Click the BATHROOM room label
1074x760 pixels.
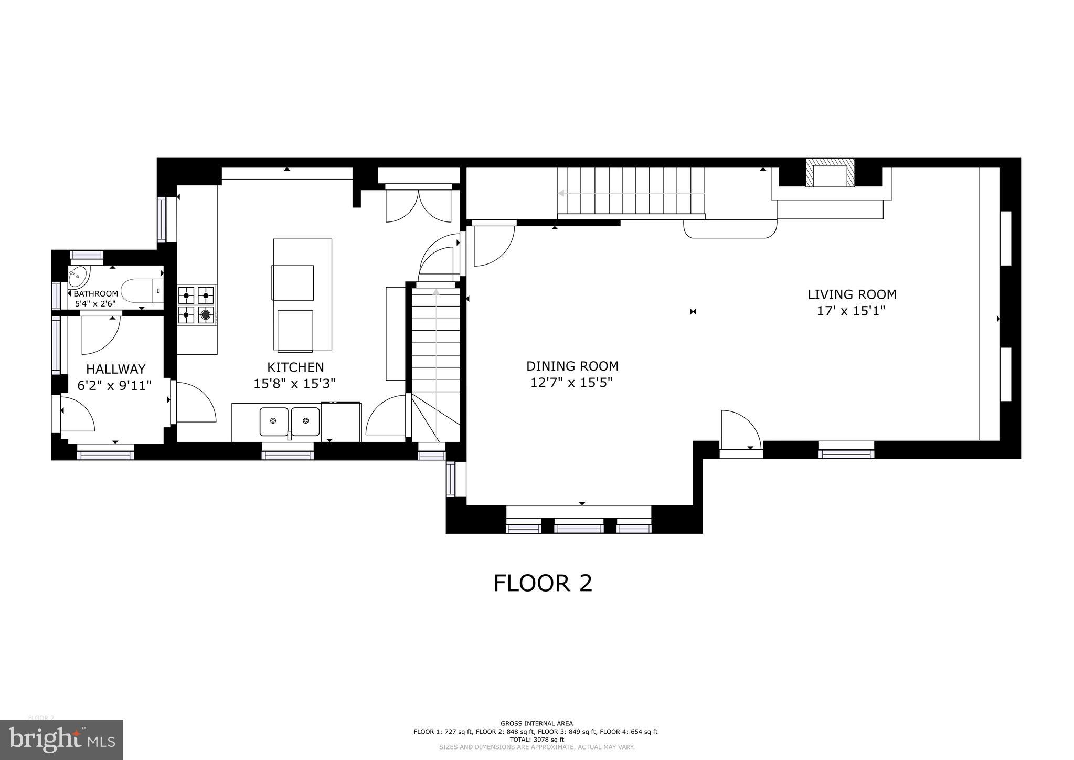point(95,293)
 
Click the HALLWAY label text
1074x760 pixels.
point(115,369)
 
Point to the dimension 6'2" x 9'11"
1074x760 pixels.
point(114,386)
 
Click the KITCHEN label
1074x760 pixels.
point(295,367)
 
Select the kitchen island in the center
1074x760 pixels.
point(302,294)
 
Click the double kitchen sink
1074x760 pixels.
point(290,421)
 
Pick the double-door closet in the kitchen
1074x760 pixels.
point(418,205)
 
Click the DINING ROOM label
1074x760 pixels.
point(572,366)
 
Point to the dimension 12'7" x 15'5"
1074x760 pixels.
point(571,383)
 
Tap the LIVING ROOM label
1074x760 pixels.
point(852,294)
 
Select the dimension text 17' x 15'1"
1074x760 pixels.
point(851,311)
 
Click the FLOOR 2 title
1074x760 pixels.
point(543,583)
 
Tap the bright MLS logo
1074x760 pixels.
point(62,740)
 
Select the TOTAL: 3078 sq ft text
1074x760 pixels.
point(536,739)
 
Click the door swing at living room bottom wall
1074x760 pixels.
point(740,430)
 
